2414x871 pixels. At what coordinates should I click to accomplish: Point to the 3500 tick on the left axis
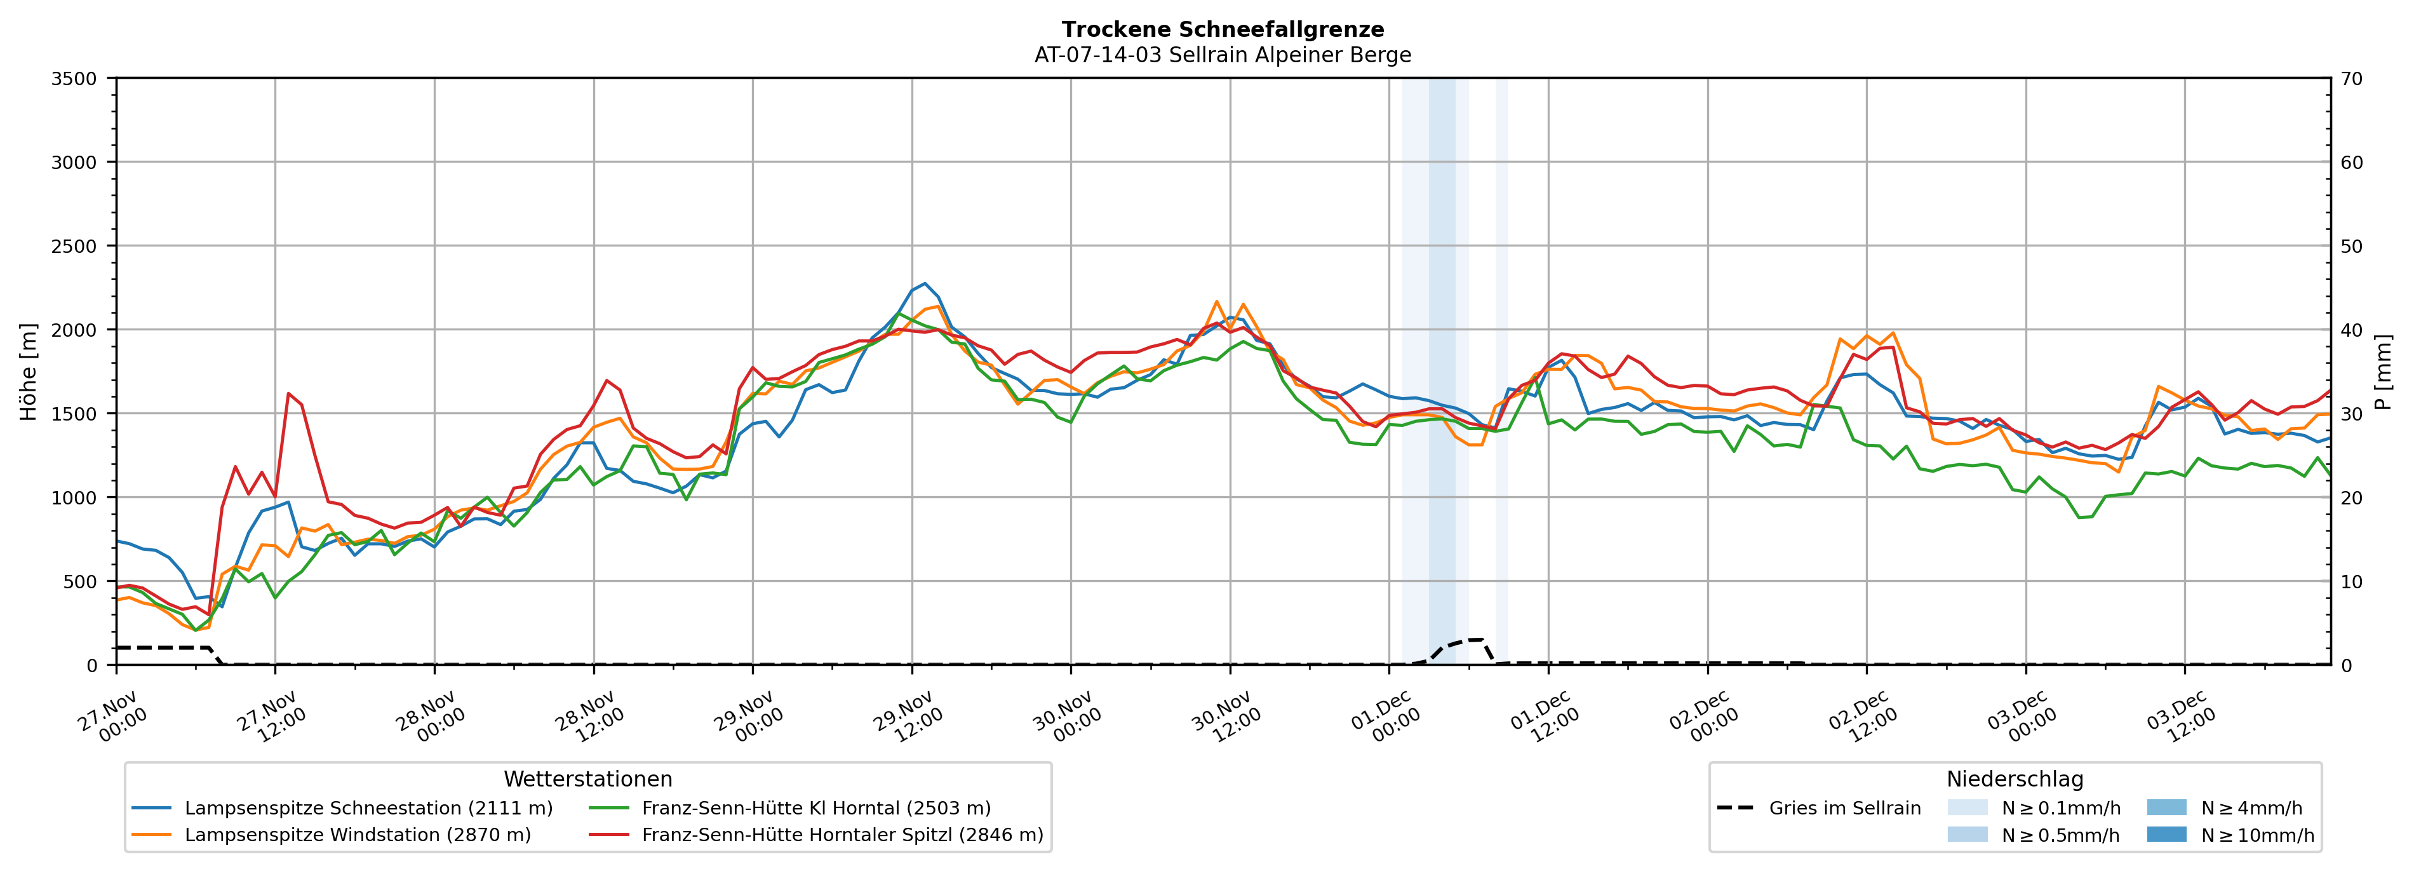(x=74, y=79)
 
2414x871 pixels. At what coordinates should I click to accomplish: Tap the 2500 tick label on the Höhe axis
(x=74, y=246)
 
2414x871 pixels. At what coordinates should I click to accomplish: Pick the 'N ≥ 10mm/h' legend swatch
(x=2166, y=834)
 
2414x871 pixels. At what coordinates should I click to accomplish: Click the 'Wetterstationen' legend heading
(x=587, y=779)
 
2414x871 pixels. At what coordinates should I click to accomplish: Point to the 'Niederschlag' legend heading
(x=2015, y=779)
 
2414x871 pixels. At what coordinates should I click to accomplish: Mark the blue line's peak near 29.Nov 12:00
(x=925, y=283)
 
